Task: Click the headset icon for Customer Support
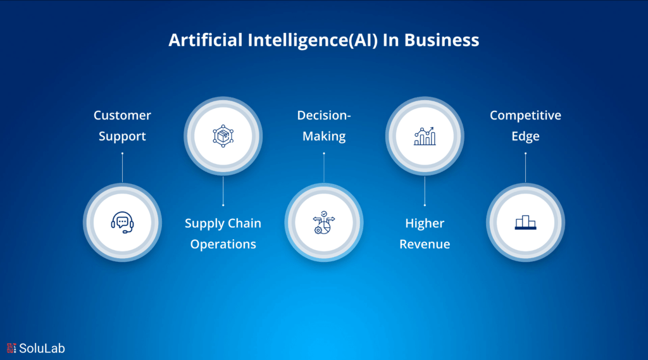pos(122,223)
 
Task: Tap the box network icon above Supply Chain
pos(223,135)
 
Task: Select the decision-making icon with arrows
pos(324,223)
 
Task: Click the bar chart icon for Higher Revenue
pos(425,135)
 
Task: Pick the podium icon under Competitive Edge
pos(525,223)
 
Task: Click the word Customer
pos(122,116)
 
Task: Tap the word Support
pos(122,136)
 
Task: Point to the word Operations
pos(223,244)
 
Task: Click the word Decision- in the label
pos(324,116)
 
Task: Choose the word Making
pos(324,136)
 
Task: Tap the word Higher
pos(425,223)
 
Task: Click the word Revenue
pos(425,244)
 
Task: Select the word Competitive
pos(525,116)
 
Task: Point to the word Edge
pos(525,136)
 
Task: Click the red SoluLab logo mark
pos(11,348)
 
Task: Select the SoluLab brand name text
pos(42,348)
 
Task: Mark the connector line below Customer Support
pos(122,167)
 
